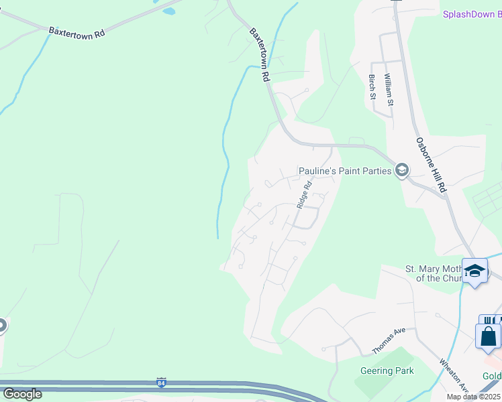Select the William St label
(389, 89)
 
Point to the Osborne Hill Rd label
(431, 165)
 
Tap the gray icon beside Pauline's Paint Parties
(402, 171)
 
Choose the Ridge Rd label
(305, 194)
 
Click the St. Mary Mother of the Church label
(433, 273)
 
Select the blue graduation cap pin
(474, 271)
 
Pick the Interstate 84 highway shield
(161, 383)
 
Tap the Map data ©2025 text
(473, 397)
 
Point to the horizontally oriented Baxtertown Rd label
(77, 31)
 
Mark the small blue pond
(168, 11)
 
